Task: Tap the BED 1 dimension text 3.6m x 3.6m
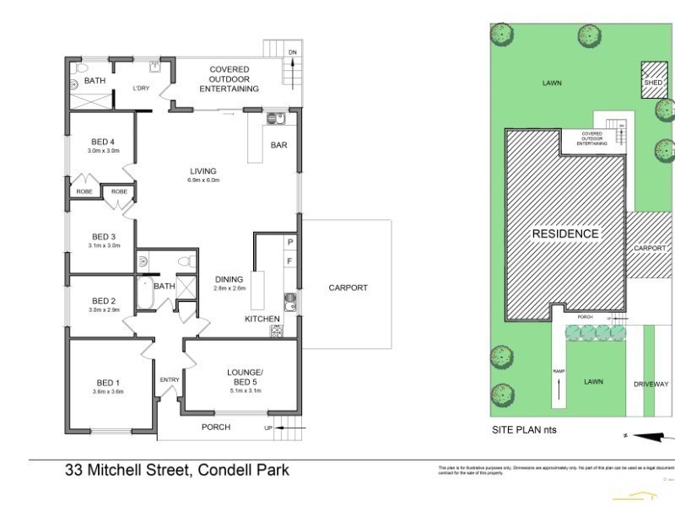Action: (x=107, y=391)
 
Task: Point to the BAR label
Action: (x=278, y=145)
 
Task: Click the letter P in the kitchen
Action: (x=289, y=242)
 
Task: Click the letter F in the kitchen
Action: (x=289, y=261)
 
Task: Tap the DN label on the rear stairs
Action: (x=293, y=52)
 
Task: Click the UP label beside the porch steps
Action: (x=269, y=428)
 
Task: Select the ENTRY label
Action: (x=170, y=379)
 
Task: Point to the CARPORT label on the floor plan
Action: (x=348, y=288)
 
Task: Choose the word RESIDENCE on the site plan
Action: (x=564, y=233)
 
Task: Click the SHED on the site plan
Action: (x=653, y=81)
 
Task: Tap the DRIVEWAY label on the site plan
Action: (x=651, y=384)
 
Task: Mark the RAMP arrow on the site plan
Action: (x=558, y=390)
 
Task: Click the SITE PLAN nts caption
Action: (x=524, y=429)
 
